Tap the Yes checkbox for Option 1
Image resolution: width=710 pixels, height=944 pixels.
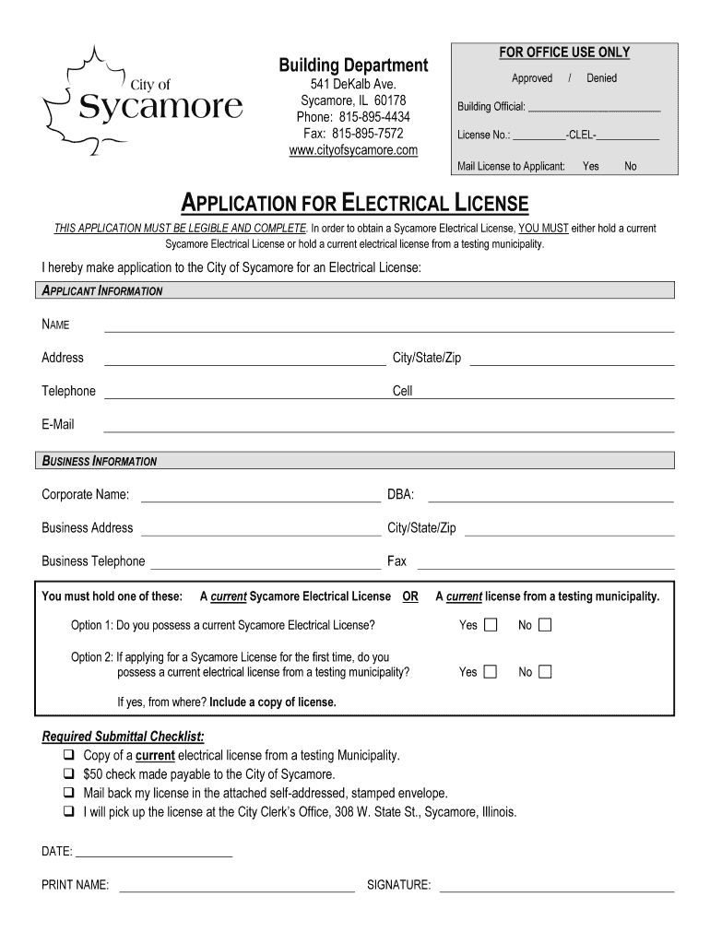[x=491, y=626]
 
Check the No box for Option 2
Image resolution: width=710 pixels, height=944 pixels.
[x=545, y=672]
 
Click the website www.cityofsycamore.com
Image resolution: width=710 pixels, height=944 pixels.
[x=353, y=150]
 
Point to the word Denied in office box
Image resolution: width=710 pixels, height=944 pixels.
[x=601, y=78]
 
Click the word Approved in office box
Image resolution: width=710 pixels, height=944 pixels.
[x=532, y=78]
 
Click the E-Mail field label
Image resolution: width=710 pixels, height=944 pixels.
[x=58, y=425]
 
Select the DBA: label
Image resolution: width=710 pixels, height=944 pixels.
[x=400, y=495]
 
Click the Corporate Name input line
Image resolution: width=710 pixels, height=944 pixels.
[x=260, y=501]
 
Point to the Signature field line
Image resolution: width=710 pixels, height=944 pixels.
[x=557, y=891]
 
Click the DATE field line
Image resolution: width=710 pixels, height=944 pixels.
[x=153, y=857]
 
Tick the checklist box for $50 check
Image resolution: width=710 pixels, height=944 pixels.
[x=69, y=775]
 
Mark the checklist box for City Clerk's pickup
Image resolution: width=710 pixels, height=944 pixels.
[x=69, y=812]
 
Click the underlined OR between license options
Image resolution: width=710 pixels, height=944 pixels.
[x=410, y=596]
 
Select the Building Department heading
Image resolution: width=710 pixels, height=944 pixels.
[x=353, y=65]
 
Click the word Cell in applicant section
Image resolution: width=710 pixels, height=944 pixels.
[x=403, y=391]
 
